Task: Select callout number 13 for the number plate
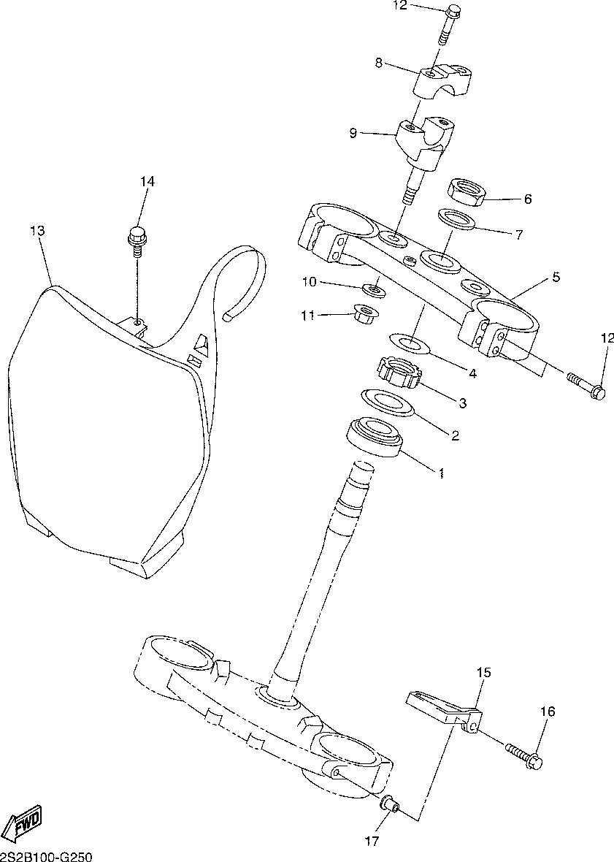tap(37, 231)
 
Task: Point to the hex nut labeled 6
tap(466, 192)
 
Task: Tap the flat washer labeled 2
tap(387, 401)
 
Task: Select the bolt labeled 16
tap(525, 756)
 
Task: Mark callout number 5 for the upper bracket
tap(556, 278)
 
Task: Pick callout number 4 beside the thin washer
tap(472, 373)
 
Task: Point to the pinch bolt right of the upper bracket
tap(586, 386)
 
